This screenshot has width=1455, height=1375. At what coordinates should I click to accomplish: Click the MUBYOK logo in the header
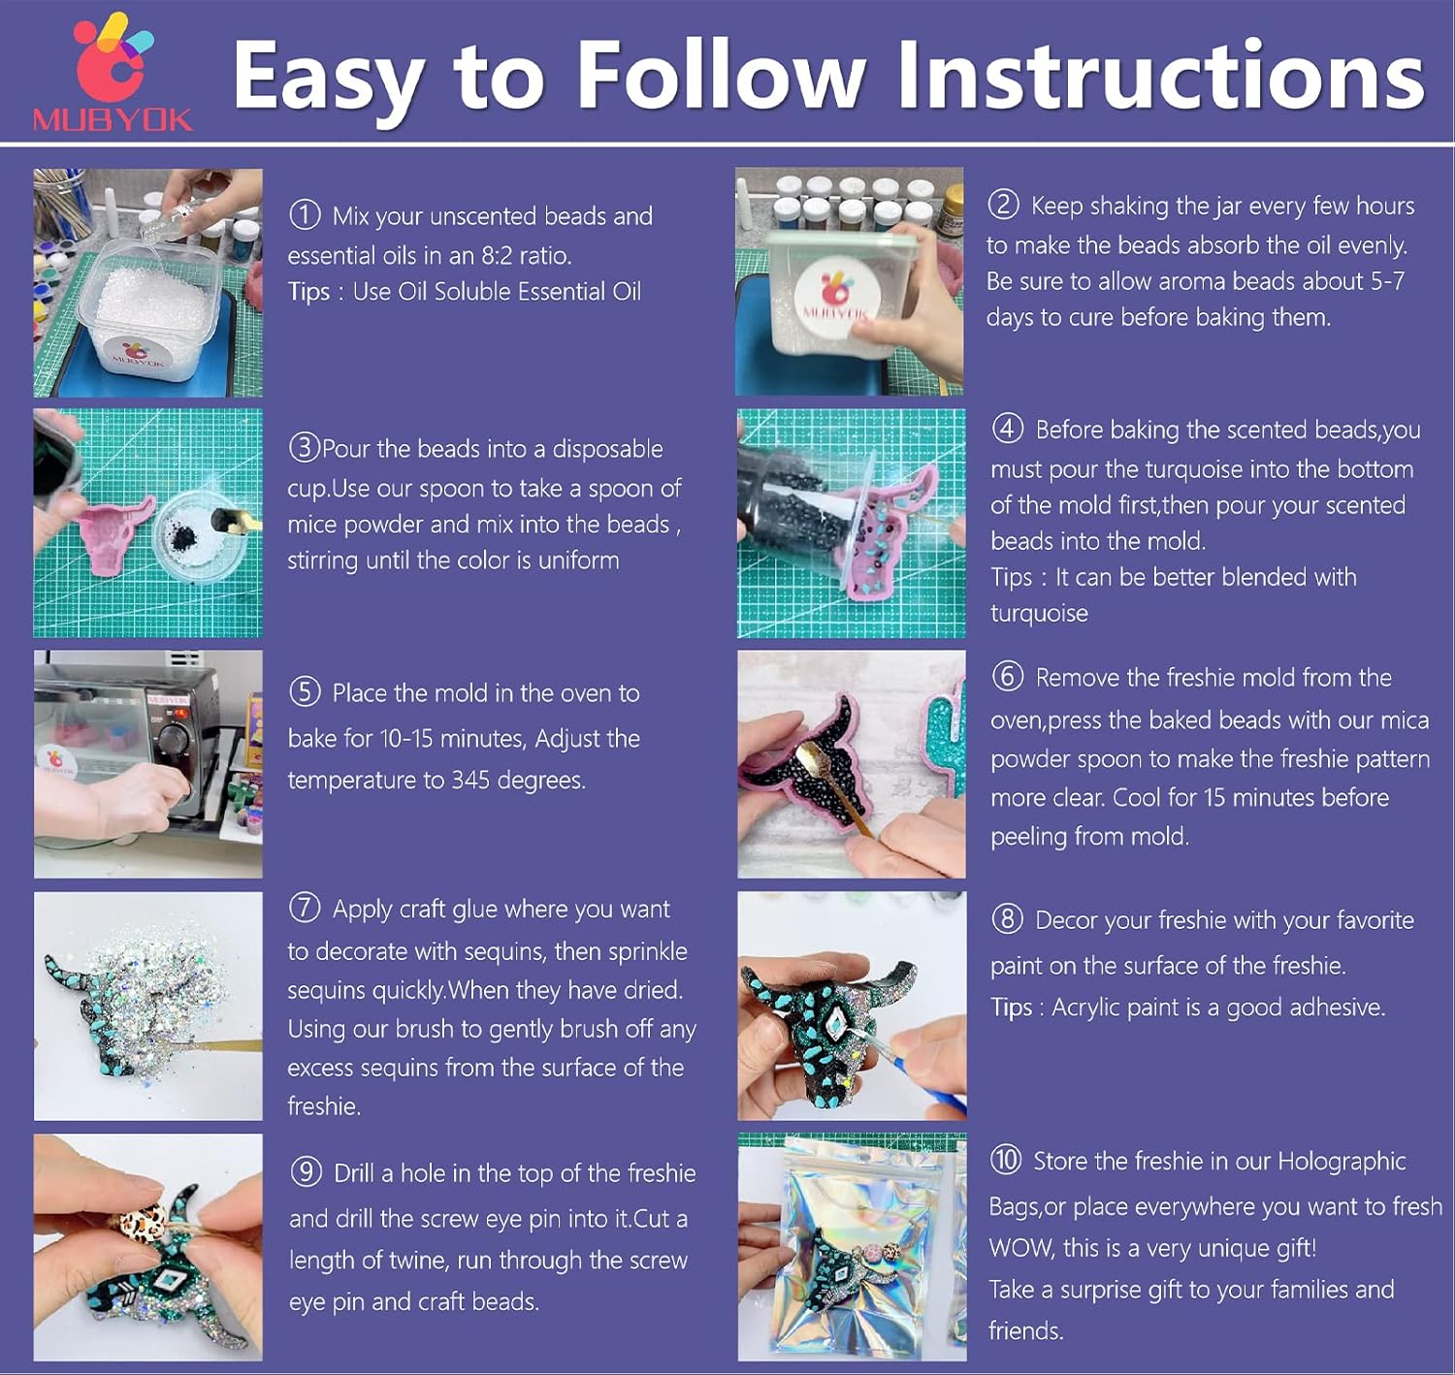113,73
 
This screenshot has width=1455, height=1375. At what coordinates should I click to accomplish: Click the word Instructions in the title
1161,76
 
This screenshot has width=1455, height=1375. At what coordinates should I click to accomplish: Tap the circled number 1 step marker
305,215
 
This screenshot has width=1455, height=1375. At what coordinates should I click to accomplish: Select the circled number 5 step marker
305,692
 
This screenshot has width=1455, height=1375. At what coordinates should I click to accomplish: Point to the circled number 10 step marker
1006,1160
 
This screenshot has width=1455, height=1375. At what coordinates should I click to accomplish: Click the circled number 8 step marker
1007,919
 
